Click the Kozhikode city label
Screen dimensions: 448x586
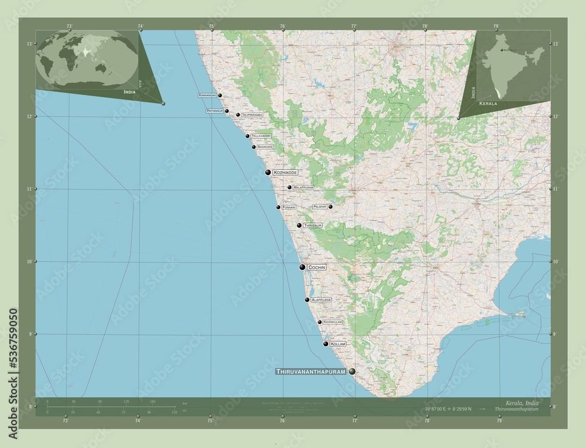point(285,173)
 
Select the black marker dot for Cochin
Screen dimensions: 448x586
point(302,267)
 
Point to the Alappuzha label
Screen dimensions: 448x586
point(321,300)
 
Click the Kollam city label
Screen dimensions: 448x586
point(338,344)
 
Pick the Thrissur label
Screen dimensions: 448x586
point(313,225)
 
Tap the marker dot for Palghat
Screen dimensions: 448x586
point(331,207)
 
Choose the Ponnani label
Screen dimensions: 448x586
point(288,207)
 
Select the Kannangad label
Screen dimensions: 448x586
point(207,95)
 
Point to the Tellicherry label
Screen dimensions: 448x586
point(261,136)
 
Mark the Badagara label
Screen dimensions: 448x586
point(265,147)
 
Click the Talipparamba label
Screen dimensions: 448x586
point(251,115)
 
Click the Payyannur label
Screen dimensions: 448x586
point(214,111)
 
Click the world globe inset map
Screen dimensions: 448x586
point(87,59)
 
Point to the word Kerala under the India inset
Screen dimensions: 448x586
point(488,103)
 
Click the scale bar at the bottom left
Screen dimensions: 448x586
point(111,408)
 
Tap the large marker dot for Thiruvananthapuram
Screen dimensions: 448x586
point(352,371)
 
